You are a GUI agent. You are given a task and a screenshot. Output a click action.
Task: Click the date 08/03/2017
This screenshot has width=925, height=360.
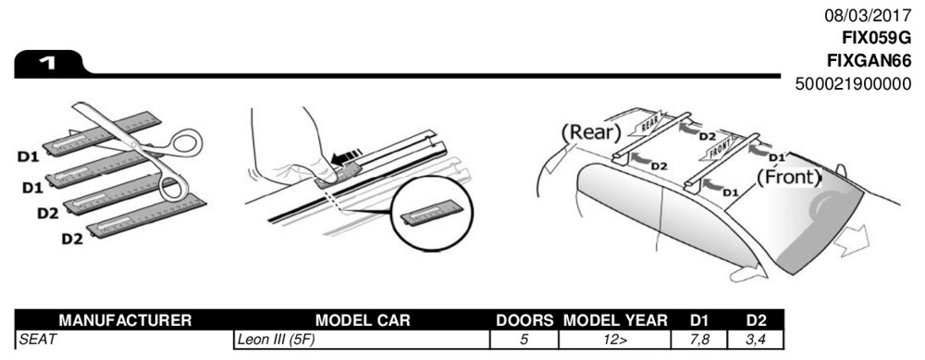point(868,16)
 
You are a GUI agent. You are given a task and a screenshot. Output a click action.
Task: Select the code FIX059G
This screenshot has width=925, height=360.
point(877,38)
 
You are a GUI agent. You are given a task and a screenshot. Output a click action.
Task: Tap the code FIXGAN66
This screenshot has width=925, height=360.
point(869,61)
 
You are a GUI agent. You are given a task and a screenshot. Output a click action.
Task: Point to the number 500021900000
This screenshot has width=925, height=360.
point(853,84)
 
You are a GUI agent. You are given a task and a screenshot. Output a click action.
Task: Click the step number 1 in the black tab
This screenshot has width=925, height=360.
point(47,63)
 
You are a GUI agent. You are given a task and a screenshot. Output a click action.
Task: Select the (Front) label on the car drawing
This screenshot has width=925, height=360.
point(789,177)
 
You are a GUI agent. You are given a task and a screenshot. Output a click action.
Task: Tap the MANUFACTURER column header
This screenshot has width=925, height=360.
point(125,320)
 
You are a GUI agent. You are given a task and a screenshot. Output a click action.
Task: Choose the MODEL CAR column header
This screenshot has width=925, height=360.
point(363,320)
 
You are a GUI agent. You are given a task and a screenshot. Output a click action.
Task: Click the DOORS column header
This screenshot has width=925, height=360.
point(524,320)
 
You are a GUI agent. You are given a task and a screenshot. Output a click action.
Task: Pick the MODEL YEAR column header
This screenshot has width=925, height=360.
point(615,320)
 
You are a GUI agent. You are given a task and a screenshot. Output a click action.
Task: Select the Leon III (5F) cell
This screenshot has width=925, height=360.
point(276,340)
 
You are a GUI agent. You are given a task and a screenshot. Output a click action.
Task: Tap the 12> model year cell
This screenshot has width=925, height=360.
point(615,340)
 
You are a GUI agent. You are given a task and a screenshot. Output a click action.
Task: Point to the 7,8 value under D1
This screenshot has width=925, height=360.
point(699,340)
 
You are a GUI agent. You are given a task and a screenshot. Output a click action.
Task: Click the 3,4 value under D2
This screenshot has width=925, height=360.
point(757,340)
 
